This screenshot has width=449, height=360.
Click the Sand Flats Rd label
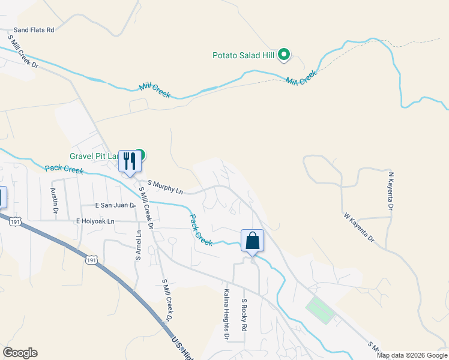point(34,29)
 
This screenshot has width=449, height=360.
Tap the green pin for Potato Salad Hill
point(284,55)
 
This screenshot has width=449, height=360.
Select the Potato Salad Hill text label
point(243,56)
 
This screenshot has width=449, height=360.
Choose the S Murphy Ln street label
point(165,187)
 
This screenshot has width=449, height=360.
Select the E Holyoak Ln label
point(103,221)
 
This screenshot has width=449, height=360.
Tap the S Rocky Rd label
point(244,316)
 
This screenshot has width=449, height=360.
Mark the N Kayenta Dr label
point(391,191)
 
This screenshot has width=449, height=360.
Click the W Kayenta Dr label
point(359,227)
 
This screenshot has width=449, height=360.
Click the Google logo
point(20,353)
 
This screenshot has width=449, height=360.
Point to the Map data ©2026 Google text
point(412,355)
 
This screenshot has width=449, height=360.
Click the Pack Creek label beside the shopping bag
point(202,230)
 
